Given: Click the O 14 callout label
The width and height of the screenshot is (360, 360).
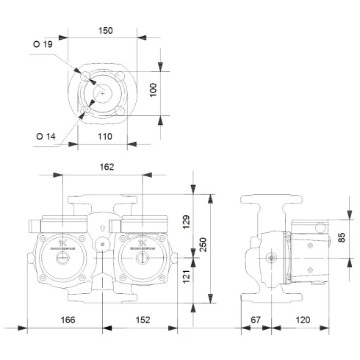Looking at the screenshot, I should coord(45,134).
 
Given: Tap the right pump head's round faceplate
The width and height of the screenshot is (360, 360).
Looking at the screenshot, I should coord(140,247).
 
